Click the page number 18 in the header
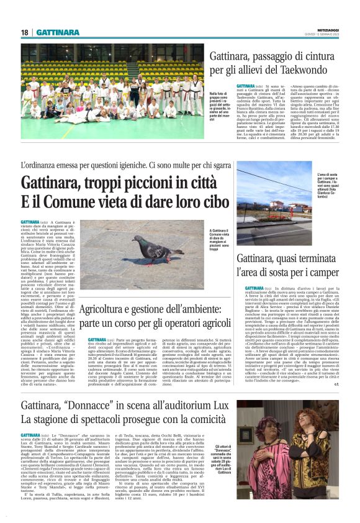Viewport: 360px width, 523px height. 24,33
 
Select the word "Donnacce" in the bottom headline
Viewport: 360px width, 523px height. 91,388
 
